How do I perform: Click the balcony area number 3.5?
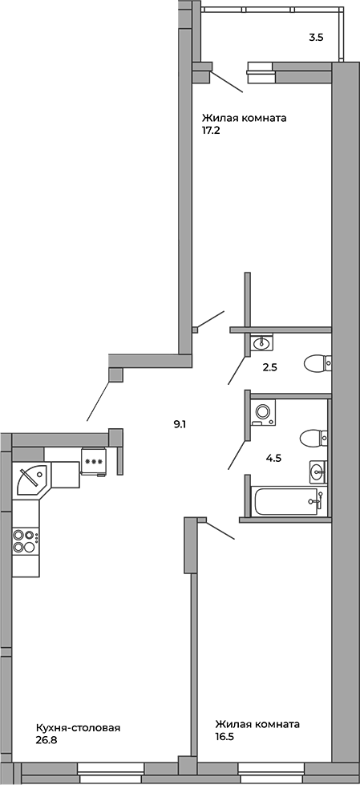tap(315, 37)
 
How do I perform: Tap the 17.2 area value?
tap(212, 132)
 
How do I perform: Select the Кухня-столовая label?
tap(78, 727)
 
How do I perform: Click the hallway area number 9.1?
tap(180, 424)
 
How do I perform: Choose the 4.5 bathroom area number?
tap(273, 458)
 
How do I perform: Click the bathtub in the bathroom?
tap(289, 500)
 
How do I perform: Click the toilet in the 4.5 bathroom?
tap(314, 439)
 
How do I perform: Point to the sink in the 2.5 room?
tap(261, 343)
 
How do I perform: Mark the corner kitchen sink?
tap(31, 479)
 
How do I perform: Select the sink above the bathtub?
tap(318, 471)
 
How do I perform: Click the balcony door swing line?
tap(227, 82)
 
